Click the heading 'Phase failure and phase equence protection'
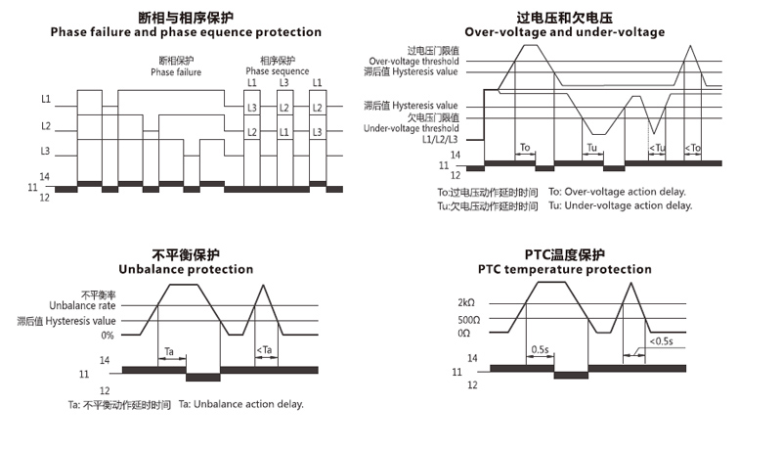[x=186, y=32]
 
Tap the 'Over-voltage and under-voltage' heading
[x=564, y=32]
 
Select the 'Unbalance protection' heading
[x=185, y=269]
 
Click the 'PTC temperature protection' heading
[x=564, y=269]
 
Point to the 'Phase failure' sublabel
[x=176, y=71]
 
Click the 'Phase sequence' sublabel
[x=277, y=71]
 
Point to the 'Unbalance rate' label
[x=89, y=305]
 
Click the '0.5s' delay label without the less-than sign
[x=539, y=349]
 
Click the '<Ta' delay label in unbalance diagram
[x=263, y=349]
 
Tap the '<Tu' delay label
[x=657, y=148]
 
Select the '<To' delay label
[x=692, y=148]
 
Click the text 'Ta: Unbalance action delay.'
[x=241, y=404]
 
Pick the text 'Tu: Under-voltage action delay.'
[x=620, y=205]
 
